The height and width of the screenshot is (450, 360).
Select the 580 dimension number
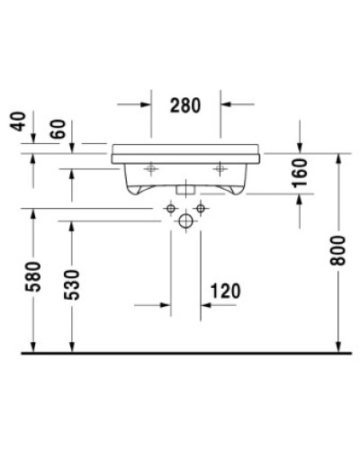pyautogui.click(x=33, y=281)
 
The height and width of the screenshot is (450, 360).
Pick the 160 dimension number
pyautogui.click(x=301, y=174)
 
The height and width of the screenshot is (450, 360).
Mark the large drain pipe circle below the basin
pyautogui.click(x=186, y=220)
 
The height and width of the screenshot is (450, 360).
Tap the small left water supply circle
pyautogui.click(x=169, y=209)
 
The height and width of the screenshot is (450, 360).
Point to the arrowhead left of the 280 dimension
pyautogui.click(x=146, y=103)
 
